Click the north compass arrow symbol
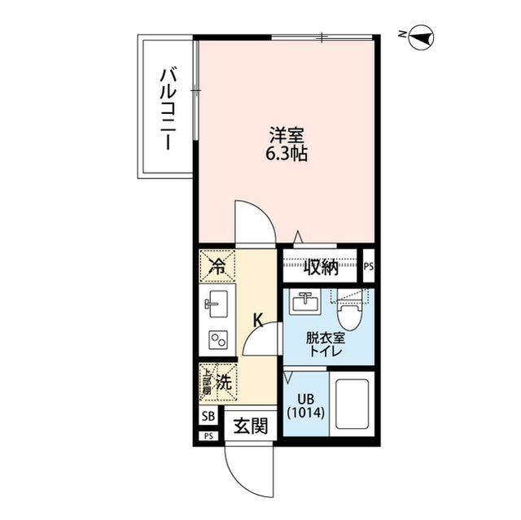422,35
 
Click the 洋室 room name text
286,134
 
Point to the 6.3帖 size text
287,154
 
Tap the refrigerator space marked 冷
217,264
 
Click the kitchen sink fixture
217,305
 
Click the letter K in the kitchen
258,320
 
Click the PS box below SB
208,436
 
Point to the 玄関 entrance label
252,425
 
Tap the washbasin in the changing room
306,302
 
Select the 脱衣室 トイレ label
325,345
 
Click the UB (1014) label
305,404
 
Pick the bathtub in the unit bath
351,407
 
